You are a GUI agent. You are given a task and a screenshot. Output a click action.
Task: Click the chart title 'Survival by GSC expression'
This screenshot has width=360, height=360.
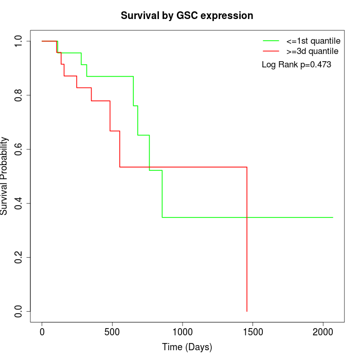tap(187, 15)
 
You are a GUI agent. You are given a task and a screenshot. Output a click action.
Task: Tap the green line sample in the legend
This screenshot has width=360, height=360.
tap(271, 41)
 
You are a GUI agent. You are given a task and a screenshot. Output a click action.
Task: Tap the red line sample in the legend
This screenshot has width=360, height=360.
tap(271, 51)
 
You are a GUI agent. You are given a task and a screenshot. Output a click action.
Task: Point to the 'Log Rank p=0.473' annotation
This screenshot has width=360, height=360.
tap(296, 65)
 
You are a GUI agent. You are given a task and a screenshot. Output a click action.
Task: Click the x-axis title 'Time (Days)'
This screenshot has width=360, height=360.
tap(187, 347)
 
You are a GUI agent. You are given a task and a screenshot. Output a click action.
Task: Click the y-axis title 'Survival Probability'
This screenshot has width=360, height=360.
tap(5, 176)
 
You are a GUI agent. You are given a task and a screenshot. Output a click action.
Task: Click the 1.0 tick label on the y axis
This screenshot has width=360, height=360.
tap(19, 41)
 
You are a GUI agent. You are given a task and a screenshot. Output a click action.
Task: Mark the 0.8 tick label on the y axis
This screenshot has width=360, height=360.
tap(19, 95)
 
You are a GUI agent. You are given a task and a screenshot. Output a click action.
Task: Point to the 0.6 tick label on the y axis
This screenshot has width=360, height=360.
tap(19, 149)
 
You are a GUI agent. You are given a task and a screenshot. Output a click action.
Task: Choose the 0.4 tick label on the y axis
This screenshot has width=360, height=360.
tap(19, 203)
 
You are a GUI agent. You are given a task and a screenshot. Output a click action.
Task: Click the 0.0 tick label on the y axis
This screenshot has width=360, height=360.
tap(19, 311)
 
